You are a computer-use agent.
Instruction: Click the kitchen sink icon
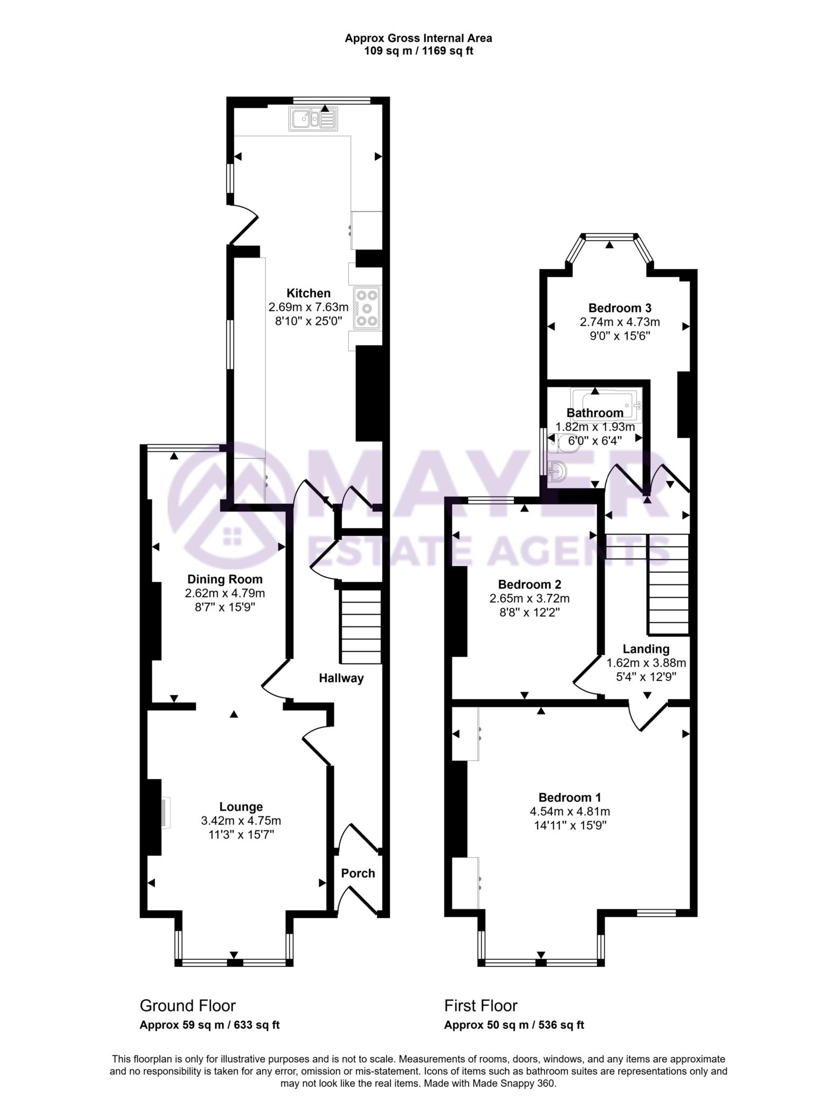(313, 119)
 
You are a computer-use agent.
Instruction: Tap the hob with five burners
(367, 308)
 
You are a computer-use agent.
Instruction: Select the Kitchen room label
(308, 294)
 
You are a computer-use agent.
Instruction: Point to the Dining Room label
(225, 579)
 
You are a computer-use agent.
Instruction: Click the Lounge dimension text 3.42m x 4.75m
(241, 821)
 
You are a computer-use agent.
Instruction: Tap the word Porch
(358, 873)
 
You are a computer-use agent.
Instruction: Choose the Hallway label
(341, 678)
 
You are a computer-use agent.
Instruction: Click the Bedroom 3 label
(620, 308)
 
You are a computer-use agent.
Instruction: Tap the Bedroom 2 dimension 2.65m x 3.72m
(530, 598)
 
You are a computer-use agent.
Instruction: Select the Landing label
(646, 649)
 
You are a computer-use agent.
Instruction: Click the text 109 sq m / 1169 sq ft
(418, 52)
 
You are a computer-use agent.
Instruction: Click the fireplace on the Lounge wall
(165, 813)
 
